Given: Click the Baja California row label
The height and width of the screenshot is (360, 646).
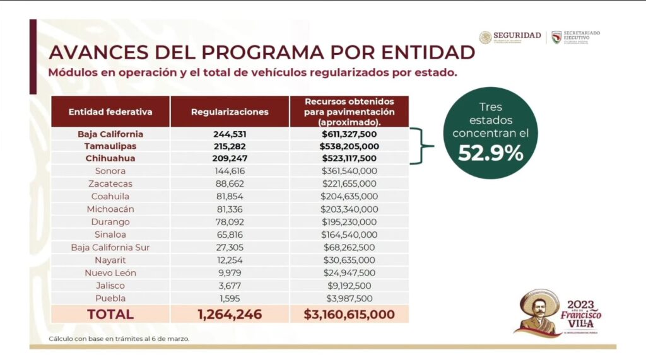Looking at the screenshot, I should click(110, 134).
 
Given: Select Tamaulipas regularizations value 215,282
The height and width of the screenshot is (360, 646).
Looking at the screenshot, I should click(230, 146).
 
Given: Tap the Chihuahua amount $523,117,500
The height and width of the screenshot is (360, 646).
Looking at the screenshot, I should click(349, 159).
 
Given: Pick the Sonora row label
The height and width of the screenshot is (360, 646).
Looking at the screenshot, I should click(110, 171).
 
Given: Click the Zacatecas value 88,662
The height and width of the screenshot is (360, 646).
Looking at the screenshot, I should click(230, 184).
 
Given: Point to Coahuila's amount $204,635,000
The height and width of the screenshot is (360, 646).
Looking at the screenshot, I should click(349, 197).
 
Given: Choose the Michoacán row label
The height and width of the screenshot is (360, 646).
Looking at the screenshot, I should click(110, 209).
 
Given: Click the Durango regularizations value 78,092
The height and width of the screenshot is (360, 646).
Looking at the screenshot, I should click(230, 222).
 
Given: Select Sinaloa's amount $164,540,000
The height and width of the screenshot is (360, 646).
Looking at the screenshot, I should click(349, 235).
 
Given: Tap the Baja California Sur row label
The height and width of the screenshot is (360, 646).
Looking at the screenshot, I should click(110, 247).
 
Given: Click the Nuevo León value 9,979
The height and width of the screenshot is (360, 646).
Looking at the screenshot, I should click(230, 273).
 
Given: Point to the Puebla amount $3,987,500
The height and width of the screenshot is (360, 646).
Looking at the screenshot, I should click(349, 298).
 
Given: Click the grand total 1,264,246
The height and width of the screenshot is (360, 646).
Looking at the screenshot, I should click(230, 314).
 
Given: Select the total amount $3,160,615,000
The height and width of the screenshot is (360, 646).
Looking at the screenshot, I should click(349, 314).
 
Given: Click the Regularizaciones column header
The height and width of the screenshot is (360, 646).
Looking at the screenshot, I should click(230, 112).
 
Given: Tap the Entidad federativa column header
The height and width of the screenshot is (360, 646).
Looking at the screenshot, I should click(110, 112).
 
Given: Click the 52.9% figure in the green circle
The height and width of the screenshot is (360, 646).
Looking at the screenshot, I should click(490, 153).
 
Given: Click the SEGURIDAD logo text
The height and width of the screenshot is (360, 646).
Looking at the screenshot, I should click(517, 35).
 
